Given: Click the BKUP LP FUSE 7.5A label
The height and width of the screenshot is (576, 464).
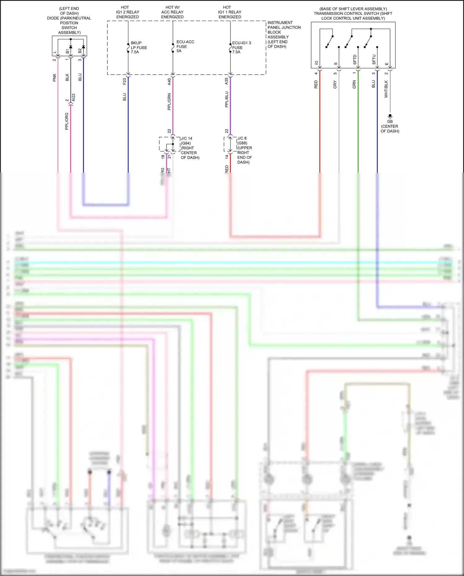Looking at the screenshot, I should click(138, 47).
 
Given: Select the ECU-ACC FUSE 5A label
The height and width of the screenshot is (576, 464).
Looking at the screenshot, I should click(185, 46).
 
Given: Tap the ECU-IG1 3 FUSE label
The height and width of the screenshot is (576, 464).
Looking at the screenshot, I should click(241, 47).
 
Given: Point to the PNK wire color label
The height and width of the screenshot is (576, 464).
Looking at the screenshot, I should click(54, 78).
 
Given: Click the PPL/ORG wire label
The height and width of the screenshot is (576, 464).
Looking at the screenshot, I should click(67, 121).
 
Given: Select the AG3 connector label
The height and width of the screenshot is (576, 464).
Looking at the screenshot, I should click(73, 97).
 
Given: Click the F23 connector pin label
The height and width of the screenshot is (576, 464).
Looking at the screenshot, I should click(124, 81).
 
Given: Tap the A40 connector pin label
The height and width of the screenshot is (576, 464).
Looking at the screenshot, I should click(169, 81).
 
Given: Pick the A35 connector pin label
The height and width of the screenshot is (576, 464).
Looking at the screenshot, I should click(226, 81).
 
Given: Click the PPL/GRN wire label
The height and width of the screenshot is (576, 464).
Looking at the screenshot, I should click(169, 102).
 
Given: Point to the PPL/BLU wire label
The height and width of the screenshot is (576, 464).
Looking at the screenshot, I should click(226, 99).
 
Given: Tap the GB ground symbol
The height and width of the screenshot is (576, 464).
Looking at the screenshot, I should click(390, 116).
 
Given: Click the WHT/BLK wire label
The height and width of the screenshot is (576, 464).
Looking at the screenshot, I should click(386, 89).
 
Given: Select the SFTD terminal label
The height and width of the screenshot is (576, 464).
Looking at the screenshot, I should click(355, 59).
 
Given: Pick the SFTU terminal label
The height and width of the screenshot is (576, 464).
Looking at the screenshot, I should click(374, 59).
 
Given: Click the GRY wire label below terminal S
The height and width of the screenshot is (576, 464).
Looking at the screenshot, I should click(335, 84).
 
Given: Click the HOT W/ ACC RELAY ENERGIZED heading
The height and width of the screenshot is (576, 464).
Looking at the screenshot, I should click(172, 12).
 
